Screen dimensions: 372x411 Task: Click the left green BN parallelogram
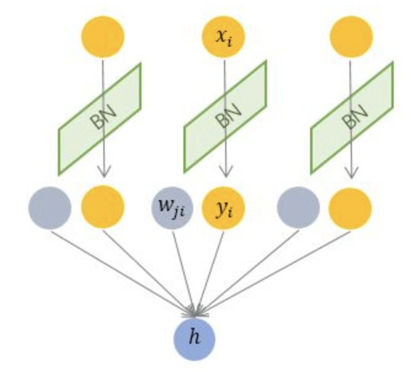(100, 118)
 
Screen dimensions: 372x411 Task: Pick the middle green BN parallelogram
(226, 118)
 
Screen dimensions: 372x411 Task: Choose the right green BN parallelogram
(352, 118)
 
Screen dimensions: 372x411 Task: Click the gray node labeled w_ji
(172, 207)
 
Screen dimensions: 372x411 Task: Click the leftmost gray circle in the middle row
(49, 207)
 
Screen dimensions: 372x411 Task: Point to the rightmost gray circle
(299, 207)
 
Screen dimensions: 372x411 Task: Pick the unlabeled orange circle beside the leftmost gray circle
(103, 207)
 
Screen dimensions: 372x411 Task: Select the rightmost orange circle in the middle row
(351, 207)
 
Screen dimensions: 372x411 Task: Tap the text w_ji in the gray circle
(172, 209)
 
